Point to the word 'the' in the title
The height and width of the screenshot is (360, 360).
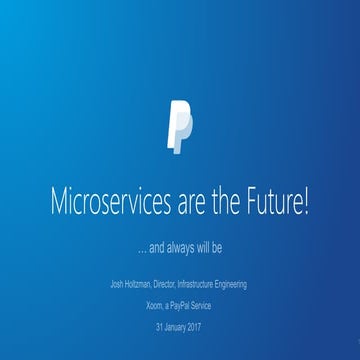point(220,204)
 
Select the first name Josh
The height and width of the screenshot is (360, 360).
point(116,286)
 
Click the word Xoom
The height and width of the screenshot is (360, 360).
point(155,306)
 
